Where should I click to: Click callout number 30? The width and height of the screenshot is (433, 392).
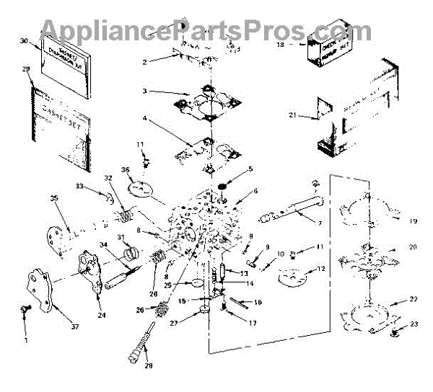24,42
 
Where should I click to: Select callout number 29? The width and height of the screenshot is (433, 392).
27,68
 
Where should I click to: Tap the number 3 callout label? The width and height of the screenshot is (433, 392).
145,91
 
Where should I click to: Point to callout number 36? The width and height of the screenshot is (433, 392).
126,171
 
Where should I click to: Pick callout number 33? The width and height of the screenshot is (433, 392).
100,187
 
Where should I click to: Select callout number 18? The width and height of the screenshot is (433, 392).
281,44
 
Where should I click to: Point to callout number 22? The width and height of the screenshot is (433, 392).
413,298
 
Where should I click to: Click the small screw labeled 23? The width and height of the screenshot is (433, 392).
395,333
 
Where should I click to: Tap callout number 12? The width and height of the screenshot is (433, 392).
322,269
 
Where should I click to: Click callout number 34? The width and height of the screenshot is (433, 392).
104,245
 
